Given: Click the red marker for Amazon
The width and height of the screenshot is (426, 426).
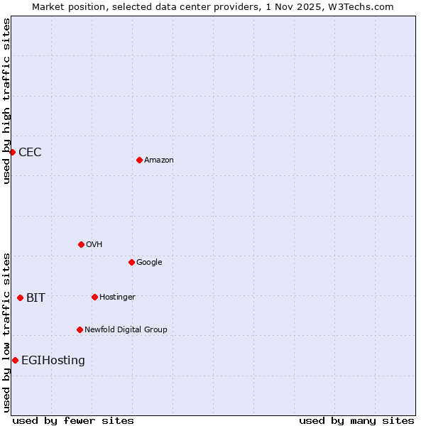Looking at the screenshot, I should pos(139,160).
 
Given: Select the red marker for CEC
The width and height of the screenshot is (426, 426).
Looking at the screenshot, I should pos(12,152).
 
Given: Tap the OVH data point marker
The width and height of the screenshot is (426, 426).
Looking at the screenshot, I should pos(81,244).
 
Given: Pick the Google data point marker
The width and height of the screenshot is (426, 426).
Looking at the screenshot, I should pos(131,262).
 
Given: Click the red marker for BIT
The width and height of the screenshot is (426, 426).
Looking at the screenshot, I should pos(20,297).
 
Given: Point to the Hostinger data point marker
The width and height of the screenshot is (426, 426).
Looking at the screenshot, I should pos(94,297).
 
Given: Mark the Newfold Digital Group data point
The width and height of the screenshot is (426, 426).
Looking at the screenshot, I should pos(80,329).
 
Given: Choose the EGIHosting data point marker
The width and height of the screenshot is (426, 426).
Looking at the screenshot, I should pos(15,360).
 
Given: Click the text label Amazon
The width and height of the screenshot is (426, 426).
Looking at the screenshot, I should pos(159,160).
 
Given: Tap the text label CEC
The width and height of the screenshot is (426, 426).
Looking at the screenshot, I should pos(30,153).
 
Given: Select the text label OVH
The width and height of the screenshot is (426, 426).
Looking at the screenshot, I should pos(94,245).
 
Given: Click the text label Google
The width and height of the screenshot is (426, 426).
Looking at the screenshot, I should pos(149,263).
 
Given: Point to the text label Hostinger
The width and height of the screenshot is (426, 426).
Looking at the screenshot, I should pos(117,297).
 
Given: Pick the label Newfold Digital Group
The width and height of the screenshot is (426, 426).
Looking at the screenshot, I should pos(126,330).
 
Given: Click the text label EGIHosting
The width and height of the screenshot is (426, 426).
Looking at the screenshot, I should pos(53,361).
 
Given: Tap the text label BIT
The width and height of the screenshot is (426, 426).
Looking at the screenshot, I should pos(35,298).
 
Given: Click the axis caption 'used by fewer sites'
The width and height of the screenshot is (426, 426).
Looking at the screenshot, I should pos(73,420).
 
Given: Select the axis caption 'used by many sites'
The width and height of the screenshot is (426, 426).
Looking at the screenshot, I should pos(356,420).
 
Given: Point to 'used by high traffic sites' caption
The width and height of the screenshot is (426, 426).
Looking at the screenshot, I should pos(6,101).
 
